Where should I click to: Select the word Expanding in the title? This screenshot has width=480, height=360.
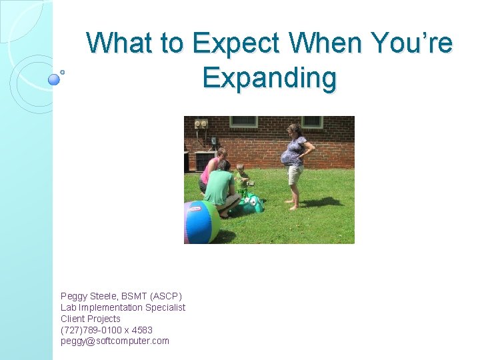[269, 77]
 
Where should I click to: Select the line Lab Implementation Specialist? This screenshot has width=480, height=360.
[123, 307]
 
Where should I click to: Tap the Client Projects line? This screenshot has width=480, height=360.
[90, 319]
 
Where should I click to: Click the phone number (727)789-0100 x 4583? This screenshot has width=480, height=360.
[106, 330]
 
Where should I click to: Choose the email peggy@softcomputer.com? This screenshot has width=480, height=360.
[115, 341]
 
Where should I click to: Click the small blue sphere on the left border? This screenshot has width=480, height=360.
[54, 79]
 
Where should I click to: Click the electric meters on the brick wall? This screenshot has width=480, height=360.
[201, 123]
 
